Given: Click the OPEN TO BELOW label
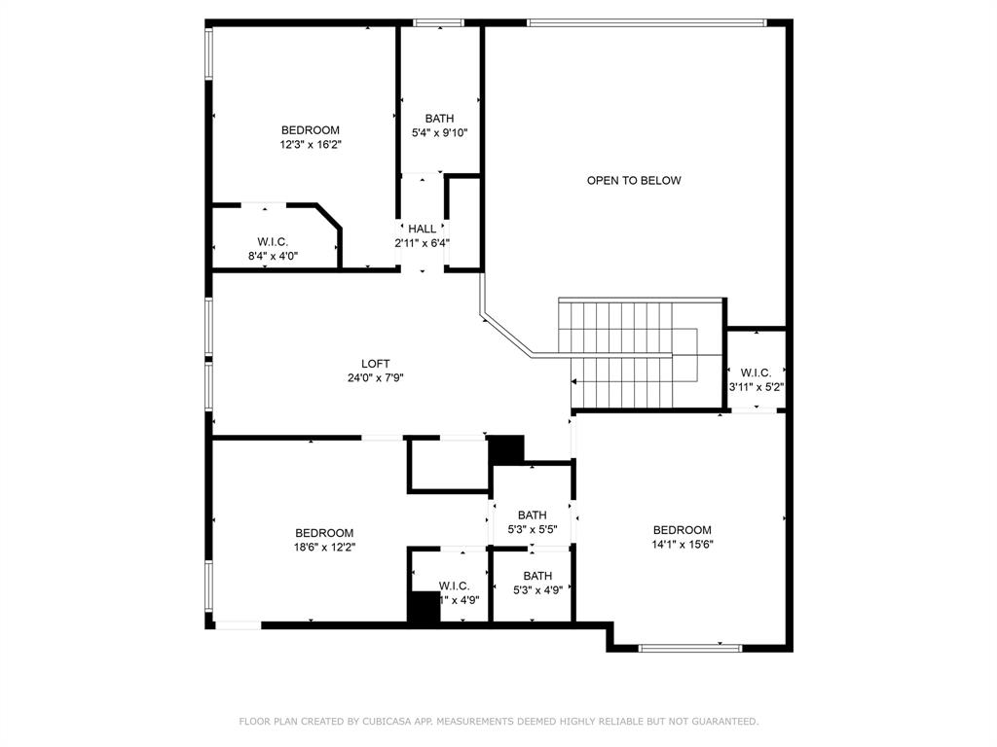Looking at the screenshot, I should click(x=633, y=180).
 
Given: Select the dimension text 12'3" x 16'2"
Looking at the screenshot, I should click(x=310, y=144).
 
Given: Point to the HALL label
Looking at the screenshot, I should click(x=422, y=229).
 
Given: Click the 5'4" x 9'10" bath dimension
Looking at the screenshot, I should click(x=439, y=133).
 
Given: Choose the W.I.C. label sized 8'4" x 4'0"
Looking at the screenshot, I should click(x=273, y=241).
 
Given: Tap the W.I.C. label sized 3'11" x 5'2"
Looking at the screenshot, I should click(x=756, y=373).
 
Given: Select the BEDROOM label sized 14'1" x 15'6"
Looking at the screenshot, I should click(x=682, y=530).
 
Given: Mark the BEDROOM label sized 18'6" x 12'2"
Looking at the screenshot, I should click(x=324, y=533).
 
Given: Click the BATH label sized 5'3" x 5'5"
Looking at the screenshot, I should click(x=532, y=516).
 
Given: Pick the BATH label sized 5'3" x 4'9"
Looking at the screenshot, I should click(x=537, y=576).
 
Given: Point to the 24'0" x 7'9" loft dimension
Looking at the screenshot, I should click(x=376, y=378).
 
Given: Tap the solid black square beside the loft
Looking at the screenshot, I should click(x=505, y=449).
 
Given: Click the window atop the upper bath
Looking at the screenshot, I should click(x=438, y=22).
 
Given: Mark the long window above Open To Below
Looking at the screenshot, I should click(x=646, y=22).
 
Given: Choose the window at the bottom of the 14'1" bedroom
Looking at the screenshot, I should click(x=690, y=647).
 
